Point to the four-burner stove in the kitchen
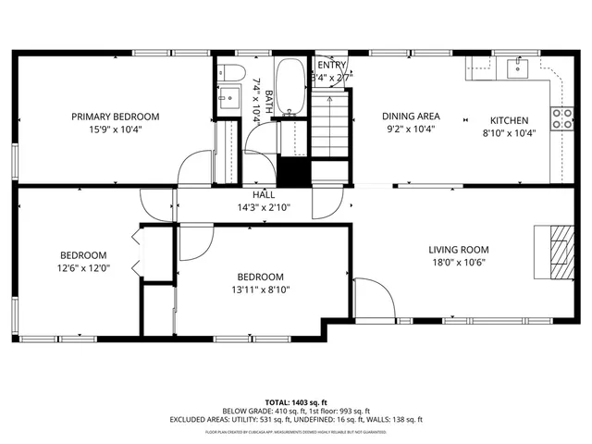(561, 117)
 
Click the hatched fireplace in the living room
(557, 251)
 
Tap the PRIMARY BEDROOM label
(116, 117)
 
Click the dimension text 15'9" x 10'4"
(116, 129)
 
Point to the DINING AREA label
(412, 117)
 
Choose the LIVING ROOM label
(458, 249)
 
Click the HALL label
(264, 195)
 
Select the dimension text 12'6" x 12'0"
(83, 268)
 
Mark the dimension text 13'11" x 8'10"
(260, 290)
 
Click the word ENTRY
(331, 65)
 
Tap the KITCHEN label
(509, 120)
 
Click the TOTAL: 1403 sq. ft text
(296, 402)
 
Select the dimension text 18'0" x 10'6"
(458, 262)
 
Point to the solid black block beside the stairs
(293, 172)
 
